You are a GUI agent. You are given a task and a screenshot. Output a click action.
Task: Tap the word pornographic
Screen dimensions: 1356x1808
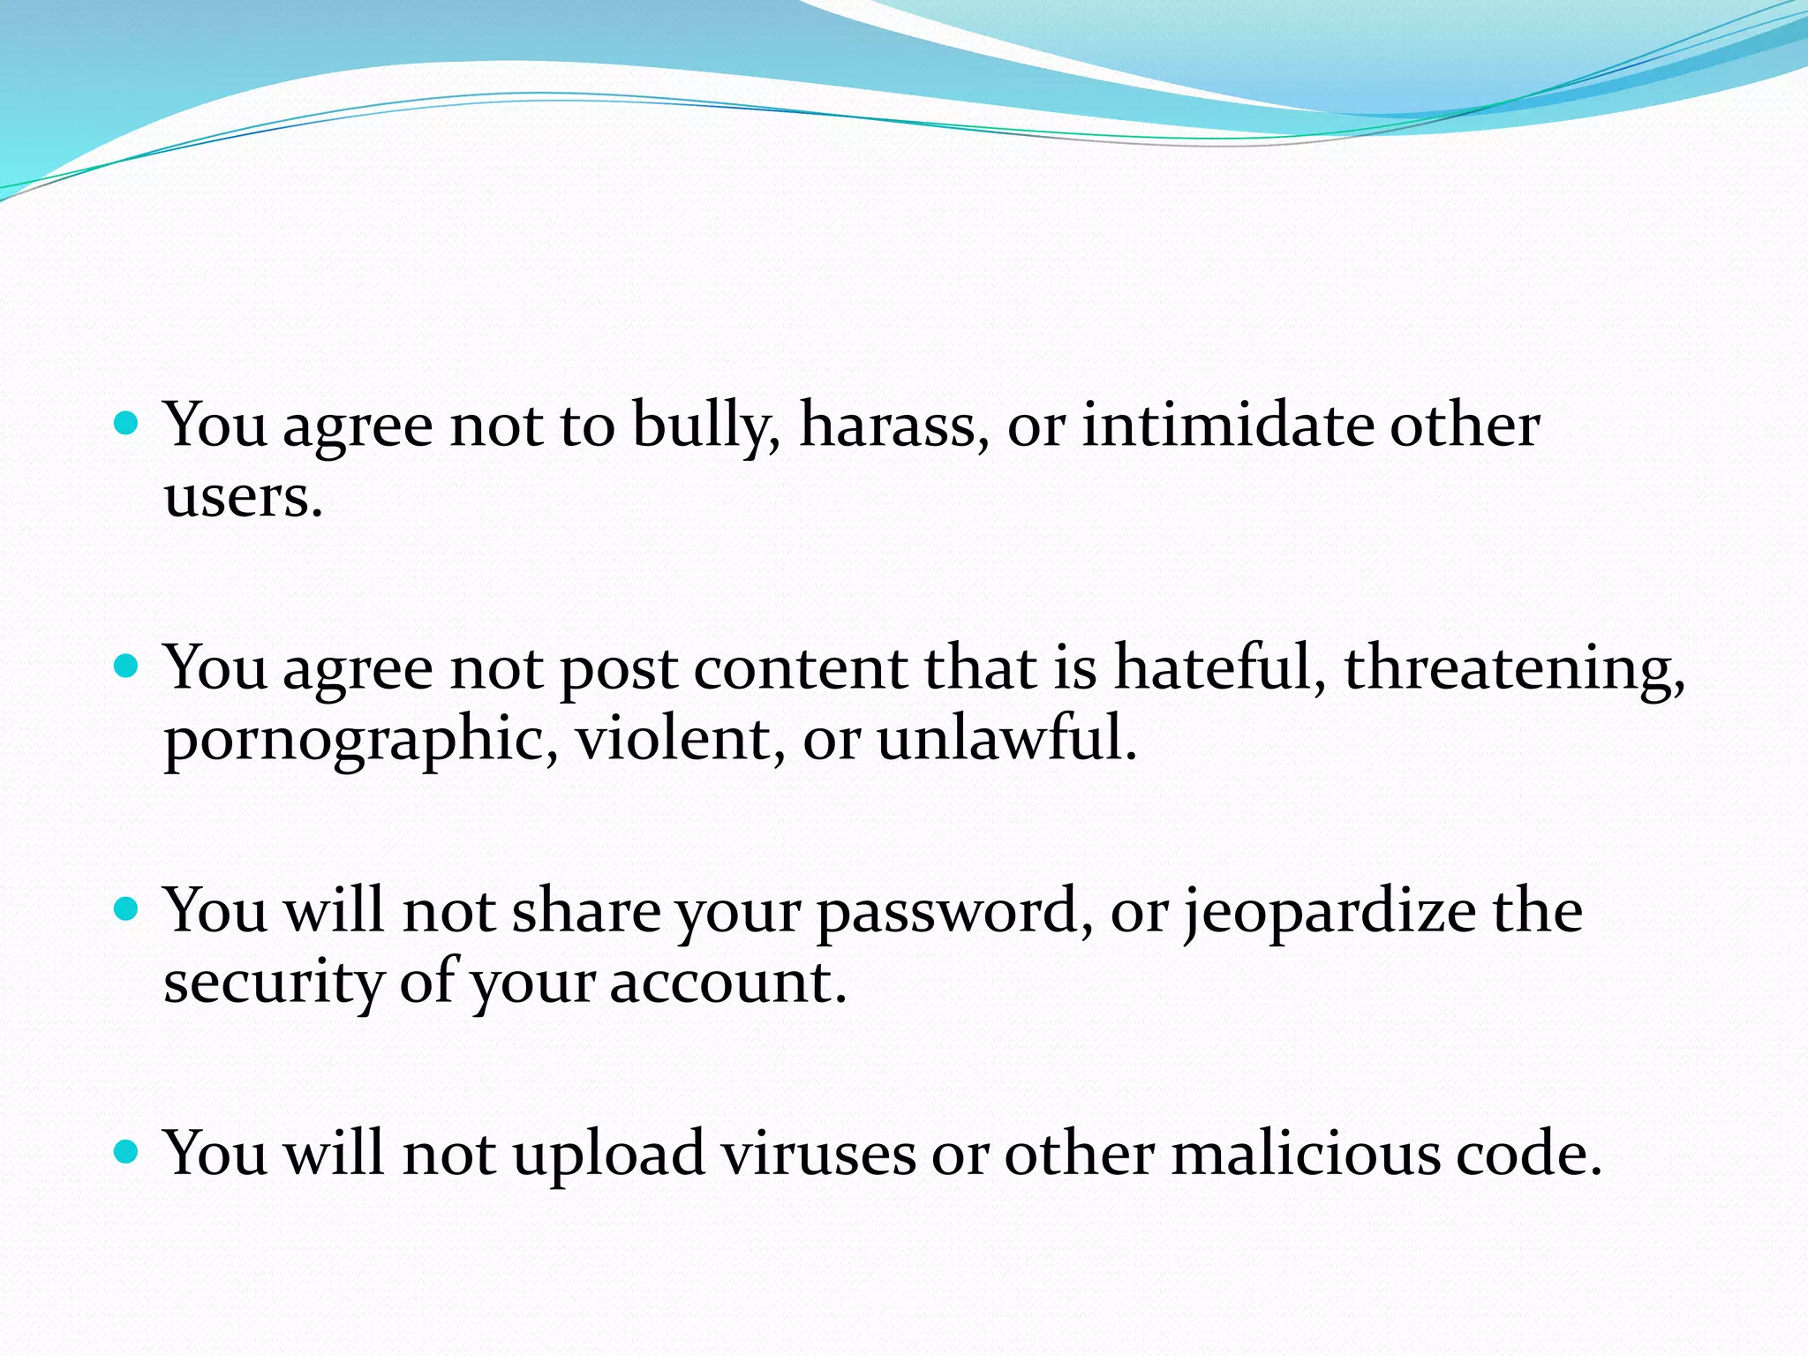tap(358, 740)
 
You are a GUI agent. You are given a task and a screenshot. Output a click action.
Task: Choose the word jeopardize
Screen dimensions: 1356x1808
tap(1330, 913)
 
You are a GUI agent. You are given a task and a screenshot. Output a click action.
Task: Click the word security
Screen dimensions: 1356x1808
tap(273, 983)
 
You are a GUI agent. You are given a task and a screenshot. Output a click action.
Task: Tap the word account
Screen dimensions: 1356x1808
tap(726, 983)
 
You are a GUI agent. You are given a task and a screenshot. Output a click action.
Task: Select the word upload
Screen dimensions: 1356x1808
tap(609, 1155)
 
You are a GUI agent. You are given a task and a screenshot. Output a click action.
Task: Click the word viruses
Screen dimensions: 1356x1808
tap(817, 1155)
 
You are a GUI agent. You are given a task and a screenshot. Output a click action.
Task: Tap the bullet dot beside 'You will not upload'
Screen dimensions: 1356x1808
tap(127, 1152)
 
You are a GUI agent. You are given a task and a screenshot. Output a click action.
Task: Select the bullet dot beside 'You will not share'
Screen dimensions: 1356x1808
tap(127, 909)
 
